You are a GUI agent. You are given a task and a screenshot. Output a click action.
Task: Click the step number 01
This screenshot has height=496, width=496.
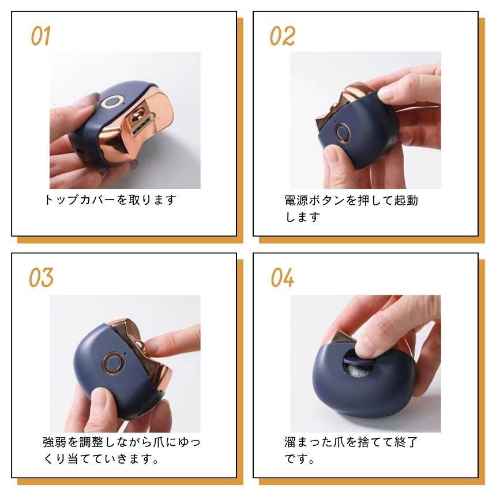click(40, 36)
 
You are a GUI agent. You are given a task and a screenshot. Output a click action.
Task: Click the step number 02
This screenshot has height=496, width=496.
click(282, 36)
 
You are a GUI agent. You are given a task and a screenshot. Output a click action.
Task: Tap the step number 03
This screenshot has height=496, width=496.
click(41, 277)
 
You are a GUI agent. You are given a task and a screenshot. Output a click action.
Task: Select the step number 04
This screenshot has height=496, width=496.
click(282, 277)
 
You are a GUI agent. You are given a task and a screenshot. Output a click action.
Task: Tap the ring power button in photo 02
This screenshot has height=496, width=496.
click(343, 132)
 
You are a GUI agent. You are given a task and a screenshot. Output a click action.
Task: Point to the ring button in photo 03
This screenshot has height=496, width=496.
click(113, 363)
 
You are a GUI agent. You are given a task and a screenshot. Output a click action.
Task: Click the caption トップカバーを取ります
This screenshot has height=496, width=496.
click(110, 200)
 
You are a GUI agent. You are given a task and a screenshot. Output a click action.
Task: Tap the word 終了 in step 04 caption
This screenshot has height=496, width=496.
click(406, 442)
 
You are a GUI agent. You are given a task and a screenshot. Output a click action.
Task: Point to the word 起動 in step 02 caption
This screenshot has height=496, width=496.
click(406, 200)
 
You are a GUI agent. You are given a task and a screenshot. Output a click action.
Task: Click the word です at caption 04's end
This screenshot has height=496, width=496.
click(296, 459)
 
